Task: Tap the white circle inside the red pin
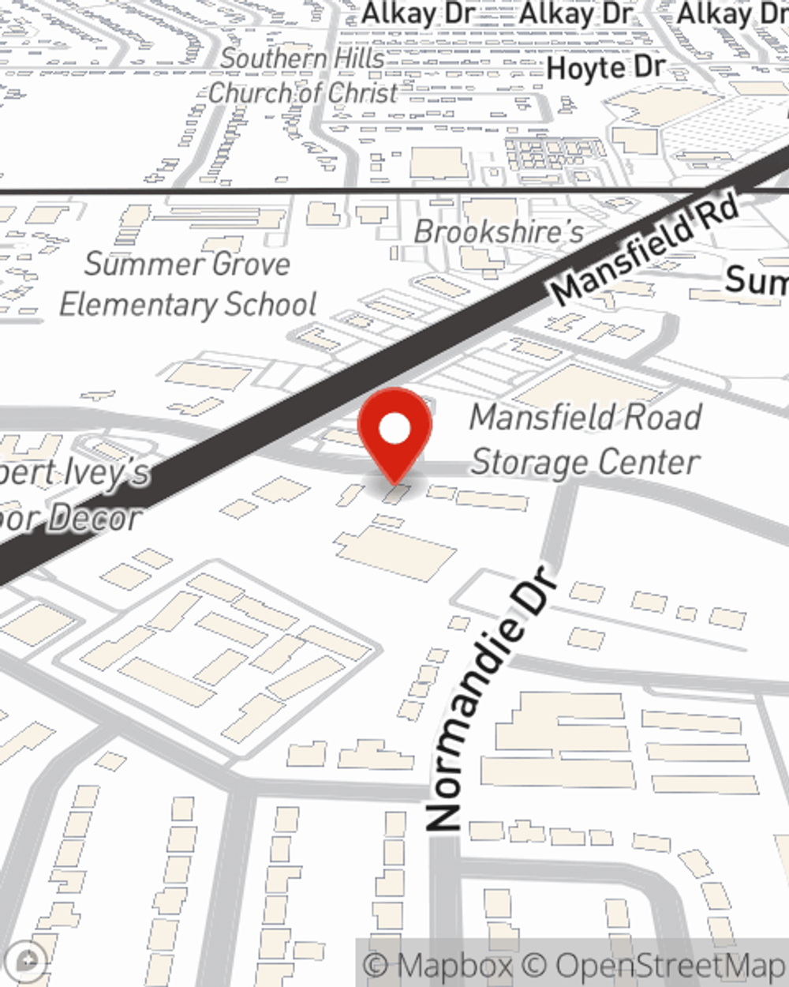(x=395, y=430)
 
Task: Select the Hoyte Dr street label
(x=606, y=68)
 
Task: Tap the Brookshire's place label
(x=499, y=231)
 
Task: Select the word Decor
(x=95, y=518)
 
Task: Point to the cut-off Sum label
(x=756, y=279)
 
